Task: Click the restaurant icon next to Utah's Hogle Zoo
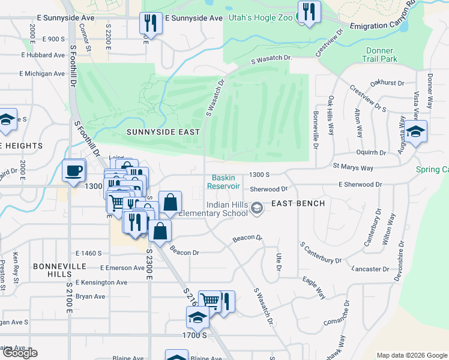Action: point(309,12)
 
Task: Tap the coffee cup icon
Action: point(74,170)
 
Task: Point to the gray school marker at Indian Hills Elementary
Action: point(257,208)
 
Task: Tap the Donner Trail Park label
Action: point(379,55)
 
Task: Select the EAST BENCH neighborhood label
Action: point(298,203)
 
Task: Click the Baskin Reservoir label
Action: point(224,182)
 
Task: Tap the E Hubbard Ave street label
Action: point(43,55)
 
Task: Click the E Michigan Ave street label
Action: point(41,74)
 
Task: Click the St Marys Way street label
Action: point(353,167)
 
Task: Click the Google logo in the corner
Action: point(20,353)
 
